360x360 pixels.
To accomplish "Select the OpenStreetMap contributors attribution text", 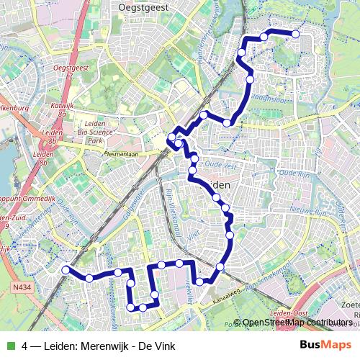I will tap(297, 323).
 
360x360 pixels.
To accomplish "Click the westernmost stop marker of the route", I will tap(66, 270).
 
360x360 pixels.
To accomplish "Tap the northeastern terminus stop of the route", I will tap(295, 34).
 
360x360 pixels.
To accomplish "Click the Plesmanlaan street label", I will tap(126, 153).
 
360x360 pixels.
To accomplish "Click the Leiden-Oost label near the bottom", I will tap(288, 314).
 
